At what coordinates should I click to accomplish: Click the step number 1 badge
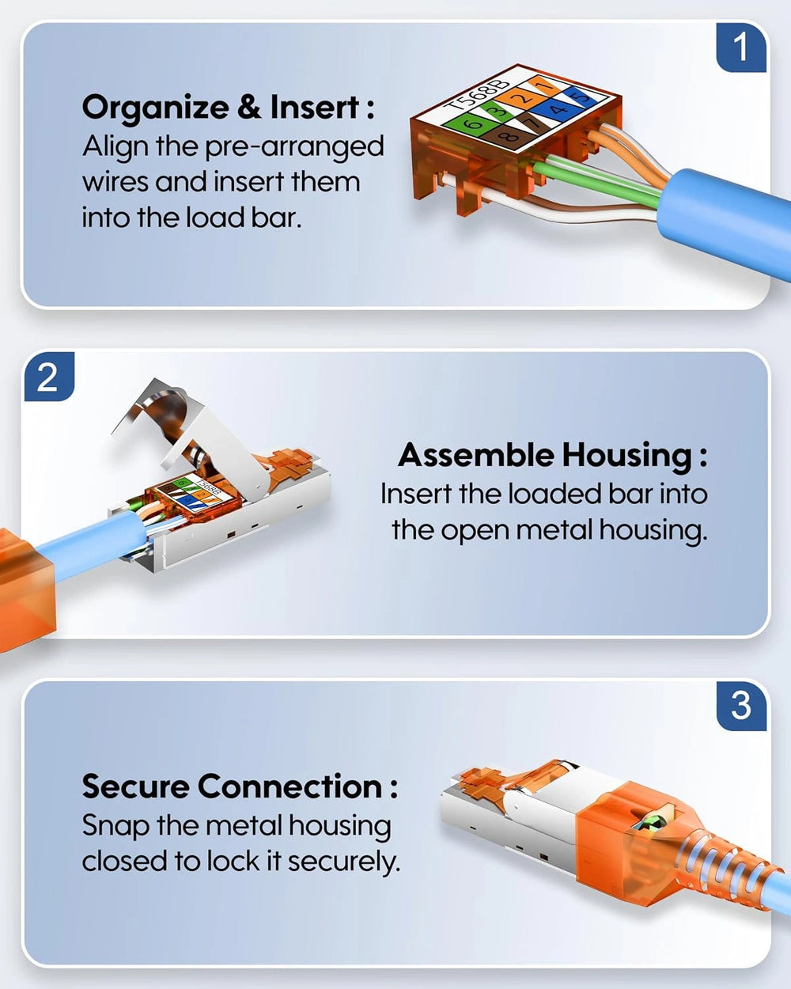click(x=741, y=47)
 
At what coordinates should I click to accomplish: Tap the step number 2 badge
click(x=49, y=377)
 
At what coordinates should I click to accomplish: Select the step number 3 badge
click(x=741, y=706)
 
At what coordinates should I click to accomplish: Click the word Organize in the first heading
click(x=155, y=108)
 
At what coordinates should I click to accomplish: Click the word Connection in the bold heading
click(x=290, y=786)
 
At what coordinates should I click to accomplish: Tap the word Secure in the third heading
click(x=135, y=786)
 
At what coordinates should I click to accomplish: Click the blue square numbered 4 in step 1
click(x=555, y=110)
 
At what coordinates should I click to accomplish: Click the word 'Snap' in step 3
click(x=115, y=826)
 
